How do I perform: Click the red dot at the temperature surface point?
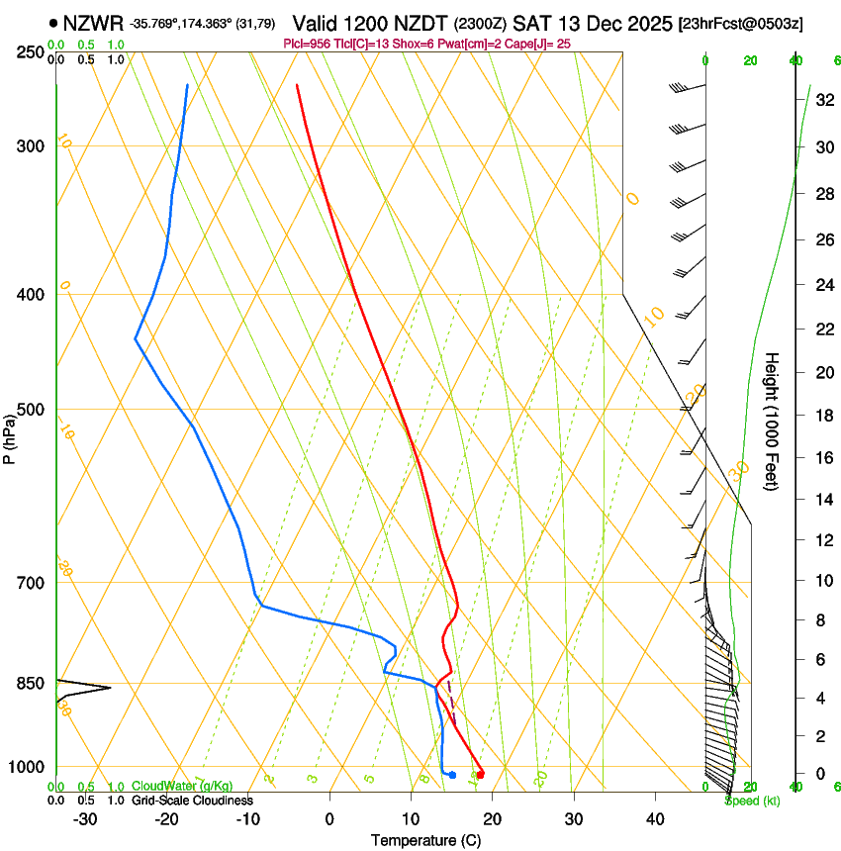pyautogui.click(x=480, y=775)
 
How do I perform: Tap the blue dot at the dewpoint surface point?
pyautogui.click(x=452, y=775)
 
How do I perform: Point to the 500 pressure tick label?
pyautogui.click(x=31, y=410)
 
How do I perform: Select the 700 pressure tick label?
pyautogui.click(x=31, y=583)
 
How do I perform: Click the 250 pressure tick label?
pyautogui.click(x=31, y=51)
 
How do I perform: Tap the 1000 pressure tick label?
pyautogui.click(x=27, y=767)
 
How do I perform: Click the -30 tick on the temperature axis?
pyautogui.click(x=85, y=819)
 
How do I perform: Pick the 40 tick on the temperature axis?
pyautogui.click(x=655, y=819)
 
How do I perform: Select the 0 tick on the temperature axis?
pyautogui.click(x=329, y=819)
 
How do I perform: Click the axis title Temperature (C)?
pyautogui.click(x=425, y=840)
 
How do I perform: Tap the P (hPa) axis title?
pyautogui.click(x=10, y=436)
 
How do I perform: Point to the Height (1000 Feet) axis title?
pyautogui.click(x=772, y=421)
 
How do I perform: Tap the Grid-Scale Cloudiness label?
pyautogui.click(x=192, y=801)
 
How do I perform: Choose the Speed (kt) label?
pyautogui.click(x=752, y=801)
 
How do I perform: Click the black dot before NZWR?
pyautogui.click(x=53, y=22)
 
